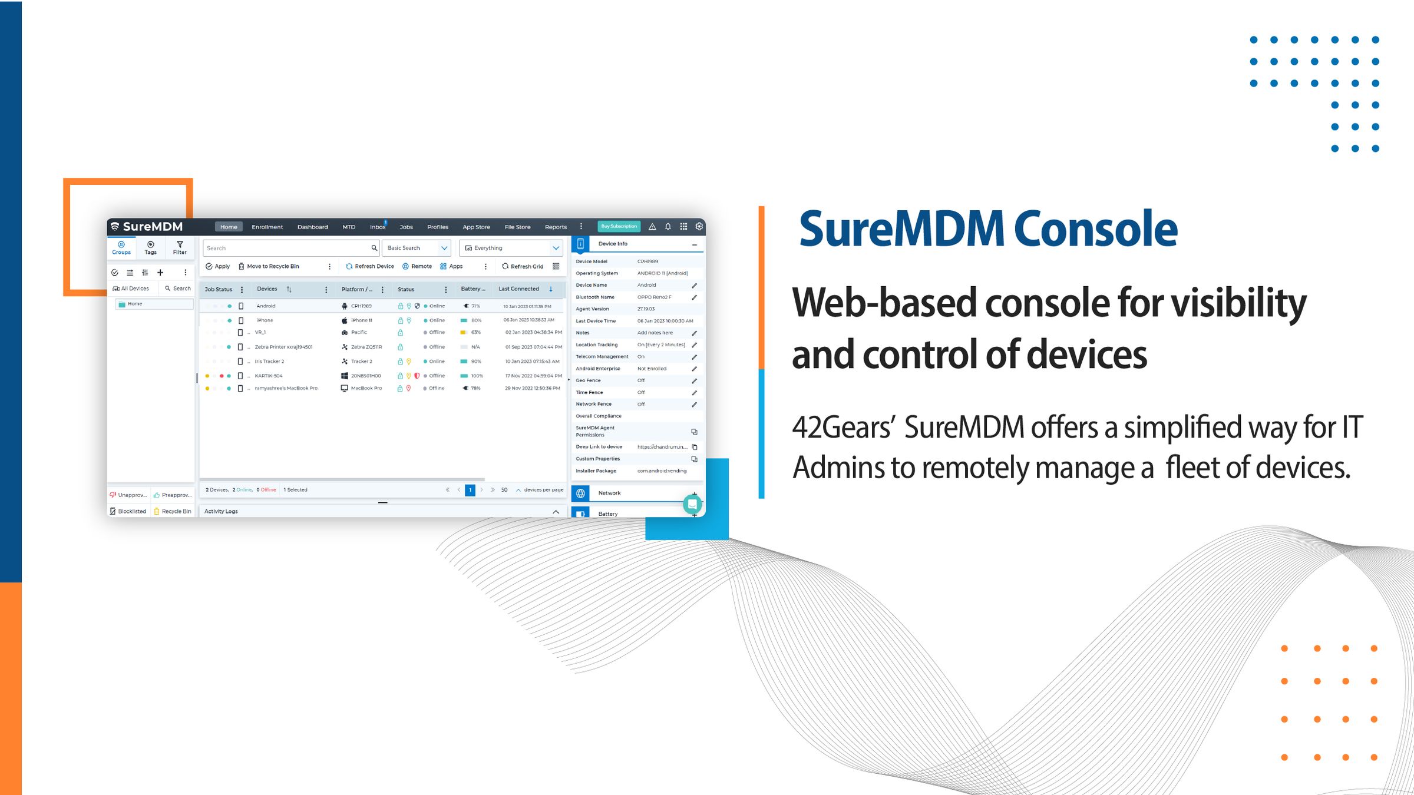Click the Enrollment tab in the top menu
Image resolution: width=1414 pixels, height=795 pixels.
pyautogui.click(x=267, y=227)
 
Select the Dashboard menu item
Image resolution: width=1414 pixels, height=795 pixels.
pyautogui.click(x=312, y=227)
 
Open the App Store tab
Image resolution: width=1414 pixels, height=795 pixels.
pyautogui.click(x=476, y=227)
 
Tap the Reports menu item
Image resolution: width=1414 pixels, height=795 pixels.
pyautogui.click(x=556, y=227)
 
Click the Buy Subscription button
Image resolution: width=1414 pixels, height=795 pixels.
pyautogui.click(x=619, y=226)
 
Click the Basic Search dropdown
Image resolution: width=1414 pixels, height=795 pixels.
pyautogui.click(x=416, y=248)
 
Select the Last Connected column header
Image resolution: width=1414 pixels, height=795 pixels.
pyautogui.click(x=518, y=289)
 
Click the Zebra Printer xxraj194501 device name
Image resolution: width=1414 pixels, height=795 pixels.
pyautogui.click(x=283, y=347)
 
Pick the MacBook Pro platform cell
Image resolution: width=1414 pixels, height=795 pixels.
pyautogui.click(x=366, y=388)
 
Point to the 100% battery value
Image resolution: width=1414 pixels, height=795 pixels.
pyautogui.click(x=477, y=376)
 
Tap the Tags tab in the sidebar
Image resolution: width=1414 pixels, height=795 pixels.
pyautogui.click(x=151, y=248)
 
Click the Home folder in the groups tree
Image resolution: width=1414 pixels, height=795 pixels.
pyautogui.click(x=134, y=304)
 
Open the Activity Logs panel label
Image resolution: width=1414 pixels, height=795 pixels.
pyautogui.click(x=221, y=511)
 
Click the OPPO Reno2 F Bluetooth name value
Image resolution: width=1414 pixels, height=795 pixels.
pyautogui.click(x=654, y=297)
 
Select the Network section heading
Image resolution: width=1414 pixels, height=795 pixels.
pyautogui.click(x=609, y=493)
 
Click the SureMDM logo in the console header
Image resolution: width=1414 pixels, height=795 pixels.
pyautogui.click(x=147, y=227)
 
